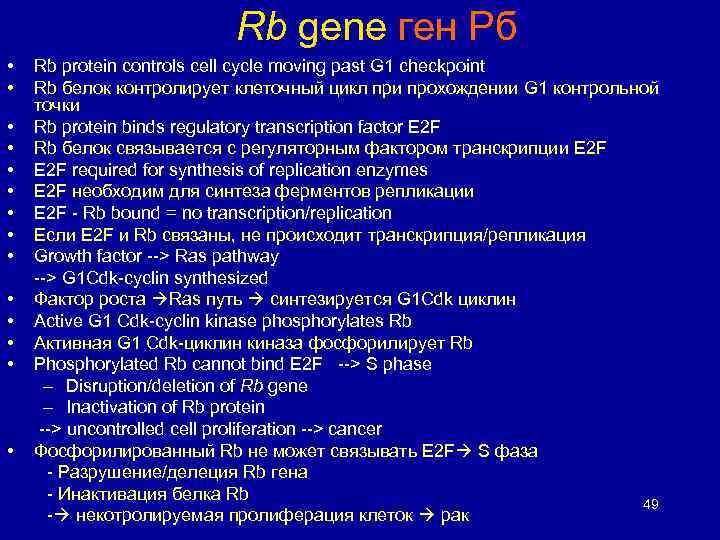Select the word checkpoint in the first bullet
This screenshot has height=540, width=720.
pos(444,66)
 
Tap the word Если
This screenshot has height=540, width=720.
pos(55,235)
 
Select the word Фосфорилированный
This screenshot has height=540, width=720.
pos(125,451)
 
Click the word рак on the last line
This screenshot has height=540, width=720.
pos(454,516)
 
